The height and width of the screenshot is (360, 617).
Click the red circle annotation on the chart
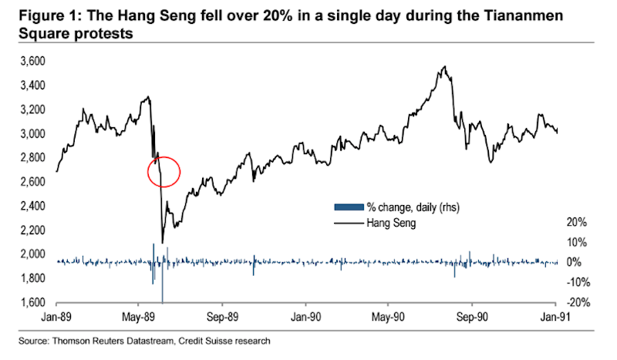164,172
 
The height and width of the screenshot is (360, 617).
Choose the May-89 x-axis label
138,316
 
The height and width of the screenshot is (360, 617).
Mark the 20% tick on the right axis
577,222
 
